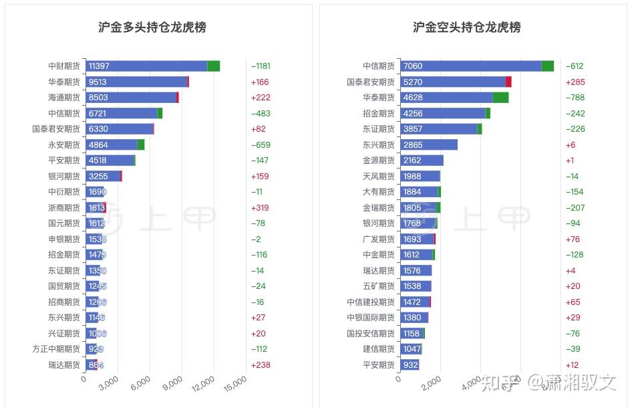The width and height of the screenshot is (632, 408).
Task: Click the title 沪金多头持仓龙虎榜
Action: tap(152, 27)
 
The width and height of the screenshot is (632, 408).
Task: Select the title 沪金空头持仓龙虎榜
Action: tap(466, 27)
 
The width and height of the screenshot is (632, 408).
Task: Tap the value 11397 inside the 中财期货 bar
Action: tap(99, 66)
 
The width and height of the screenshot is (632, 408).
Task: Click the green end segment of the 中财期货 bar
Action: tap(214, 66)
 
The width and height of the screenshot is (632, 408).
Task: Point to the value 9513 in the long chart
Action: tap(98, 82)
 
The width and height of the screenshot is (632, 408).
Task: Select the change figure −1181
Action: tap(261, 66)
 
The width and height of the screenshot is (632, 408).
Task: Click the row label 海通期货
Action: tap(64, 98)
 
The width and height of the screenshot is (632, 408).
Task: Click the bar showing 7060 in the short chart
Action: tap(470, 66)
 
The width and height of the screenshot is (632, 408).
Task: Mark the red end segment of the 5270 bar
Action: tap(508, 82)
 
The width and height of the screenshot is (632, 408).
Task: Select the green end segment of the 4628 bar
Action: tap(500, 98)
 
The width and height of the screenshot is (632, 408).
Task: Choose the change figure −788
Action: tap(575, 98)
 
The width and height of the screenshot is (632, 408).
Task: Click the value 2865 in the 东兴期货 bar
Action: tap(413, 144)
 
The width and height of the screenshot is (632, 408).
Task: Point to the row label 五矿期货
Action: tap(379, 286)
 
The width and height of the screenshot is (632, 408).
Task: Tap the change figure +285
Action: tap(575, 82)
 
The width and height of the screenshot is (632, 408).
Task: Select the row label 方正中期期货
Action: tap(56, 349)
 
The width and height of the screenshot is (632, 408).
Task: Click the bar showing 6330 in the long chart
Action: tap(119, 129)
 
